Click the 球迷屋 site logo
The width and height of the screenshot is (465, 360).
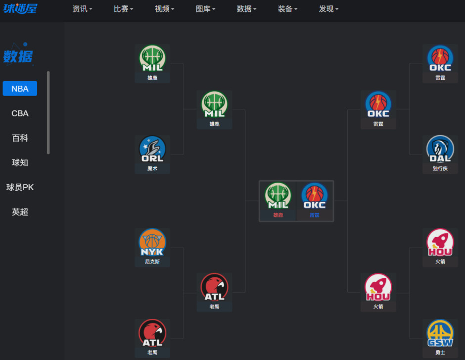click(20, 8)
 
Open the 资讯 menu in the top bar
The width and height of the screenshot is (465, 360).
click(82, 9)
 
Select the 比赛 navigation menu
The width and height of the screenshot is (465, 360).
click(123, 9)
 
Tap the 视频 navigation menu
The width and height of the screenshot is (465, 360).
click(164, 9)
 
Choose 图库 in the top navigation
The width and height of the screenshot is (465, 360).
click(205, 9)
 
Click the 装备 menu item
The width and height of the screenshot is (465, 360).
click(287, 9)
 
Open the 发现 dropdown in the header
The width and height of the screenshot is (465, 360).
click(328, 9)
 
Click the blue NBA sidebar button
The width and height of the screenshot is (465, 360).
click(20, 89)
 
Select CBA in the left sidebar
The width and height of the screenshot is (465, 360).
click(20, 113)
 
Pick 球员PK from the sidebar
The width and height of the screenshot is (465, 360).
click(20, 187)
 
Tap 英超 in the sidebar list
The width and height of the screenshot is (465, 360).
click(20, 212)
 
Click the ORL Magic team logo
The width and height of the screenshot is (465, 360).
click(152, 149)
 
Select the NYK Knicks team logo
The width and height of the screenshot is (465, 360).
click(152, 242)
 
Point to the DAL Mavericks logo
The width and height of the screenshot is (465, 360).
click(440, 149)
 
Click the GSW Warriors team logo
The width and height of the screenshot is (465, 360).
click(440, 333)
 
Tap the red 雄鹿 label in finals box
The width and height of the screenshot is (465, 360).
click(278, 215)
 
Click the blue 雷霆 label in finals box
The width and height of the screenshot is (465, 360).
click(315, 215)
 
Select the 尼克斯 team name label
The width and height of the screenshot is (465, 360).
click(152, 261)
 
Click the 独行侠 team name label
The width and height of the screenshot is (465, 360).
click(440, 168)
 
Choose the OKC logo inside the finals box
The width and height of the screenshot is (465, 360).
click(315, 196)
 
